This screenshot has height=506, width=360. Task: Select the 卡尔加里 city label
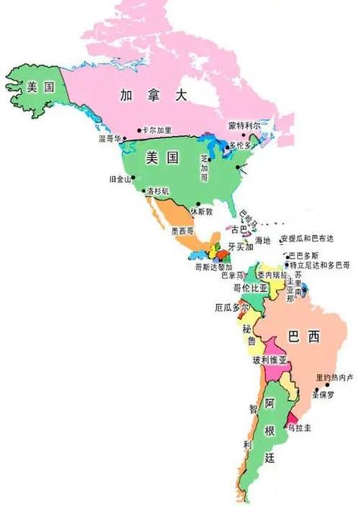coord(157,130)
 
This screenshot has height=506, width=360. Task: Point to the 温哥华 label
coord(111,139)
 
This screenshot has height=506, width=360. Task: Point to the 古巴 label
coord(239,228)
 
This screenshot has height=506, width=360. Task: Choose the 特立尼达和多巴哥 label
coord(321,265)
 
